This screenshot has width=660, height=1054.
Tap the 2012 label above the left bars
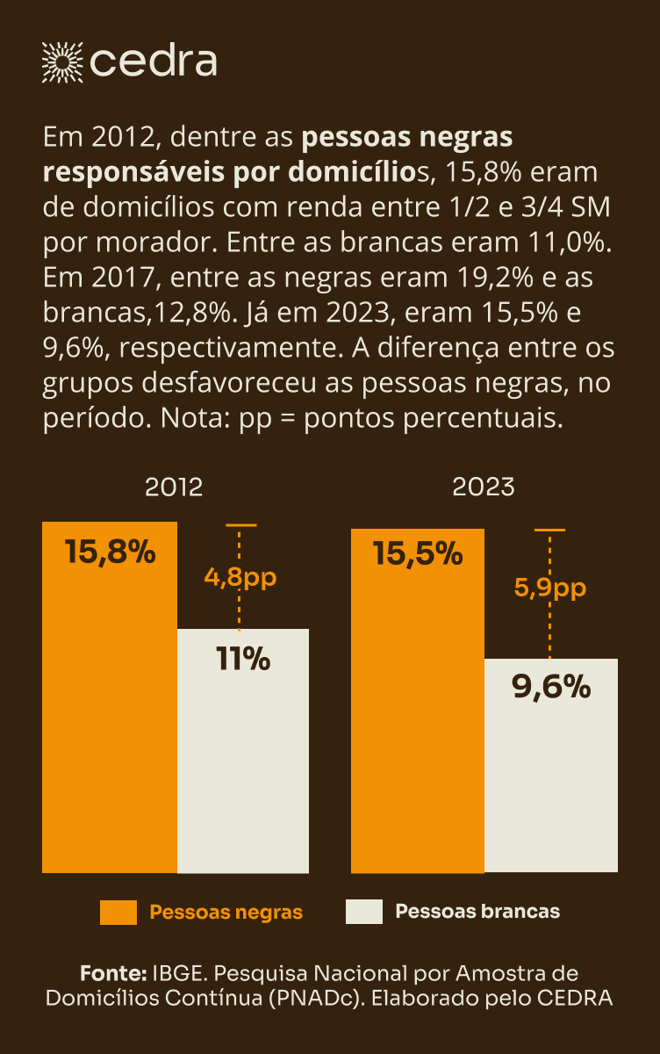pyautogui.click(x=174, y=487)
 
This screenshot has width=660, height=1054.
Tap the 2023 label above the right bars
pyautogui.click(x=484, y=487)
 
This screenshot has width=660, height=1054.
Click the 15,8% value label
pyautogui.click(x=110, y=553)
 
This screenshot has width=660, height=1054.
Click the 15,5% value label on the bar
pyautogui.click(x=418, y=553)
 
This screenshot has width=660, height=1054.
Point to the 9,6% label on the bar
pyautogui.click(x=551, y=688)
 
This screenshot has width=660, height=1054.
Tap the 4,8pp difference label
pyautogui.click(x=240, y=577)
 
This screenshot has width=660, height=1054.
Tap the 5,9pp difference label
pyautogui.click(x=549, y=588)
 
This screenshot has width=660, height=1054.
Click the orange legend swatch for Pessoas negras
pyautogui.click(x=118, y=912)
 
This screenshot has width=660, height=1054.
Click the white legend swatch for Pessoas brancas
pyautogui.click(x=364, y=912)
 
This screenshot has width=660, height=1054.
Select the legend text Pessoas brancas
pyautogui.click(x=477, y=912)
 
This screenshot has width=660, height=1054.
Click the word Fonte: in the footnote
pyautogui.click(x=112, y=973)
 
